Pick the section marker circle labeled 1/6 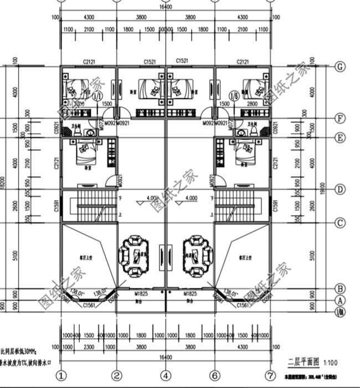(x=234, y=96)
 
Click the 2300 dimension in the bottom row (x=89, y=348)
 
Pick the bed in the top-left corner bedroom (x=74, y=87)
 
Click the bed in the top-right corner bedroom (x=256, y=87)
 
